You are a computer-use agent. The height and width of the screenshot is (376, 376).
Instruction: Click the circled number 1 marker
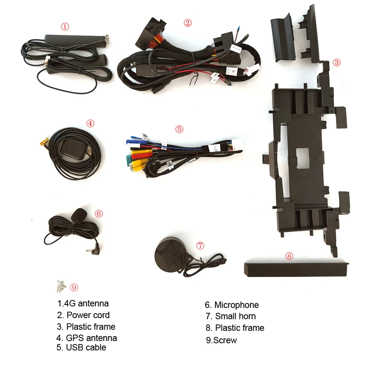pos(65,26)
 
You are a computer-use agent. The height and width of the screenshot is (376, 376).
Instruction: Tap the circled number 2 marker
pos(188,23)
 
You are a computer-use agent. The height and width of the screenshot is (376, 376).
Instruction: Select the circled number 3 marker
pos(337,62)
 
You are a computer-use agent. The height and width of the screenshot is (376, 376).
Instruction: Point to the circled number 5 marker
pos(179,129)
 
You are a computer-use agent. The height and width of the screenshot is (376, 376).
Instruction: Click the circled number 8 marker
pos(289,256)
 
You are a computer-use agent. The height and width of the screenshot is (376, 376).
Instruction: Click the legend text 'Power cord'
pos(88,315)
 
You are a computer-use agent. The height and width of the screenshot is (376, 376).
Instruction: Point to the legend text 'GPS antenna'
pos(91,338)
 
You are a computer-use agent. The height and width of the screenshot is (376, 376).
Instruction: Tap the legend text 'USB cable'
pos(86,347)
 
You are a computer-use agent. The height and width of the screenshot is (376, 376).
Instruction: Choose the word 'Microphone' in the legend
pos(237,305)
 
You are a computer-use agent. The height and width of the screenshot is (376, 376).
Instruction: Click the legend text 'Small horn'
pos(235,316)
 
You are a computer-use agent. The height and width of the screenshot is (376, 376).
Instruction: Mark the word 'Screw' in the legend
pos(225,340)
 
